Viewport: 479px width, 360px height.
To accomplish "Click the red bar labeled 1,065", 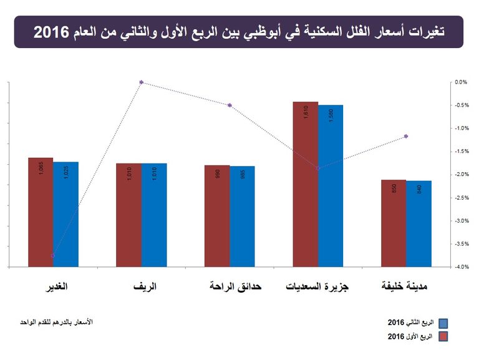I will [x=41, y=212].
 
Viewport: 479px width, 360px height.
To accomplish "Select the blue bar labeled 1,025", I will [x=65, y=214].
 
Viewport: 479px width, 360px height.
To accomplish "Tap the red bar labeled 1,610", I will [x=305, y=184].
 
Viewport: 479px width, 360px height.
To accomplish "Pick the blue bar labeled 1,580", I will [x=331, y=186].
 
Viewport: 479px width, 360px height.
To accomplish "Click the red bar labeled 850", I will [x=394, y=223].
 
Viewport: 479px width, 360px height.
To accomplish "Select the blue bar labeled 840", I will [x=419, y=224].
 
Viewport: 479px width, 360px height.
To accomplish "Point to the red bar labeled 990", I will [x=217, y=216].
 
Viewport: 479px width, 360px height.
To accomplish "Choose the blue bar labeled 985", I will [x=242, y=216].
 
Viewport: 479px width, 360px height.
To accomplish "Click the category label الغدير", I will [x=54, y=288].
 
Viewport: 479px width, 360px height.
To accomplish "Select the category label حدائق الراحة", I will [x=235, y=288].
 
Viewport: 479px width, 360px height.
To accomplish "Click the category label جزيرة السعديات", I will [x=317, y=288].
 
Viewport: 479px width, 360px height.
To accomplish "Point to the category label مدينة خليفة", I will [x=405, y=288].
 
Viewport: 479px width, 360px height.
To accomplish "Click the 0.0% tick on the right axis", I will [x=461, y=82].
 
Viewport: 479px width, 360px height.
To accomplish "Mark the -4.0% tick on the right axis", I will [x=461, y=267].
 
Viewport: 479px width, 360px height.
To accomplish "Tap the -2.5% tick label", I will [x=461, y=198].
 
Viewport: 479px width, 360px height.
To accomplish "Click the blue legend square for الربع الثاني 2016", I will [x=443, y=323].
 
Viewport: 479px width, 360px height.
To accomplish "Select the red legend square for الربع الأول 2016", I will [x=443, y=337].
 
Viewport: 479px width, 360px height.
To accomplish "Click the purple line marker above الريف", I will [x=142, y=82].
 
